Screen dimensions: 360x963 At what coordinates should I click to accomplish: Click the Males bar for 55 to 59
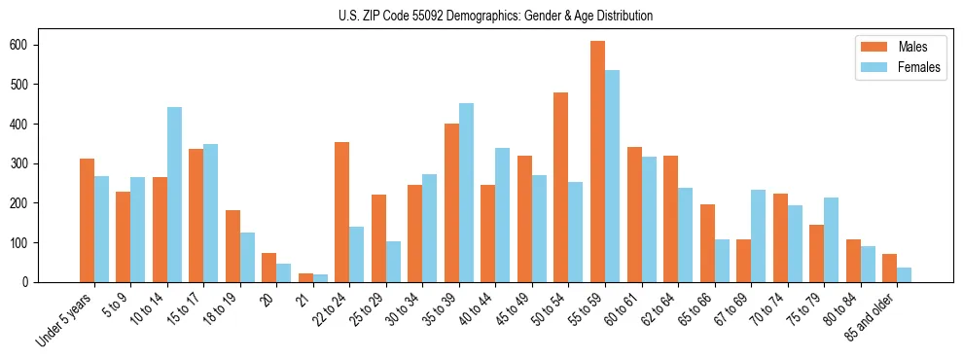(x=597, y=162)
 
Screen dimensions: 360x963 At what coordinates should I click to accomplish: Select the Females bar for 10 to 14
(x=174, y=195)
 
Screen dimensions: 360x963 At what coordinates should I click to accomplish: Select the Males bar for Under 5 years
(x=87, y=220)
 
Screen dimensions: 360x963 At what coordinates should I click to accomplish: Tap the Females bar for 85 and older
(x=904, y=274)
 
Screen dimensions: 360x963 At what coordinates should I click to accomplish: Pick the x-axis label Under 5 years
(x=64, y=319)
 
